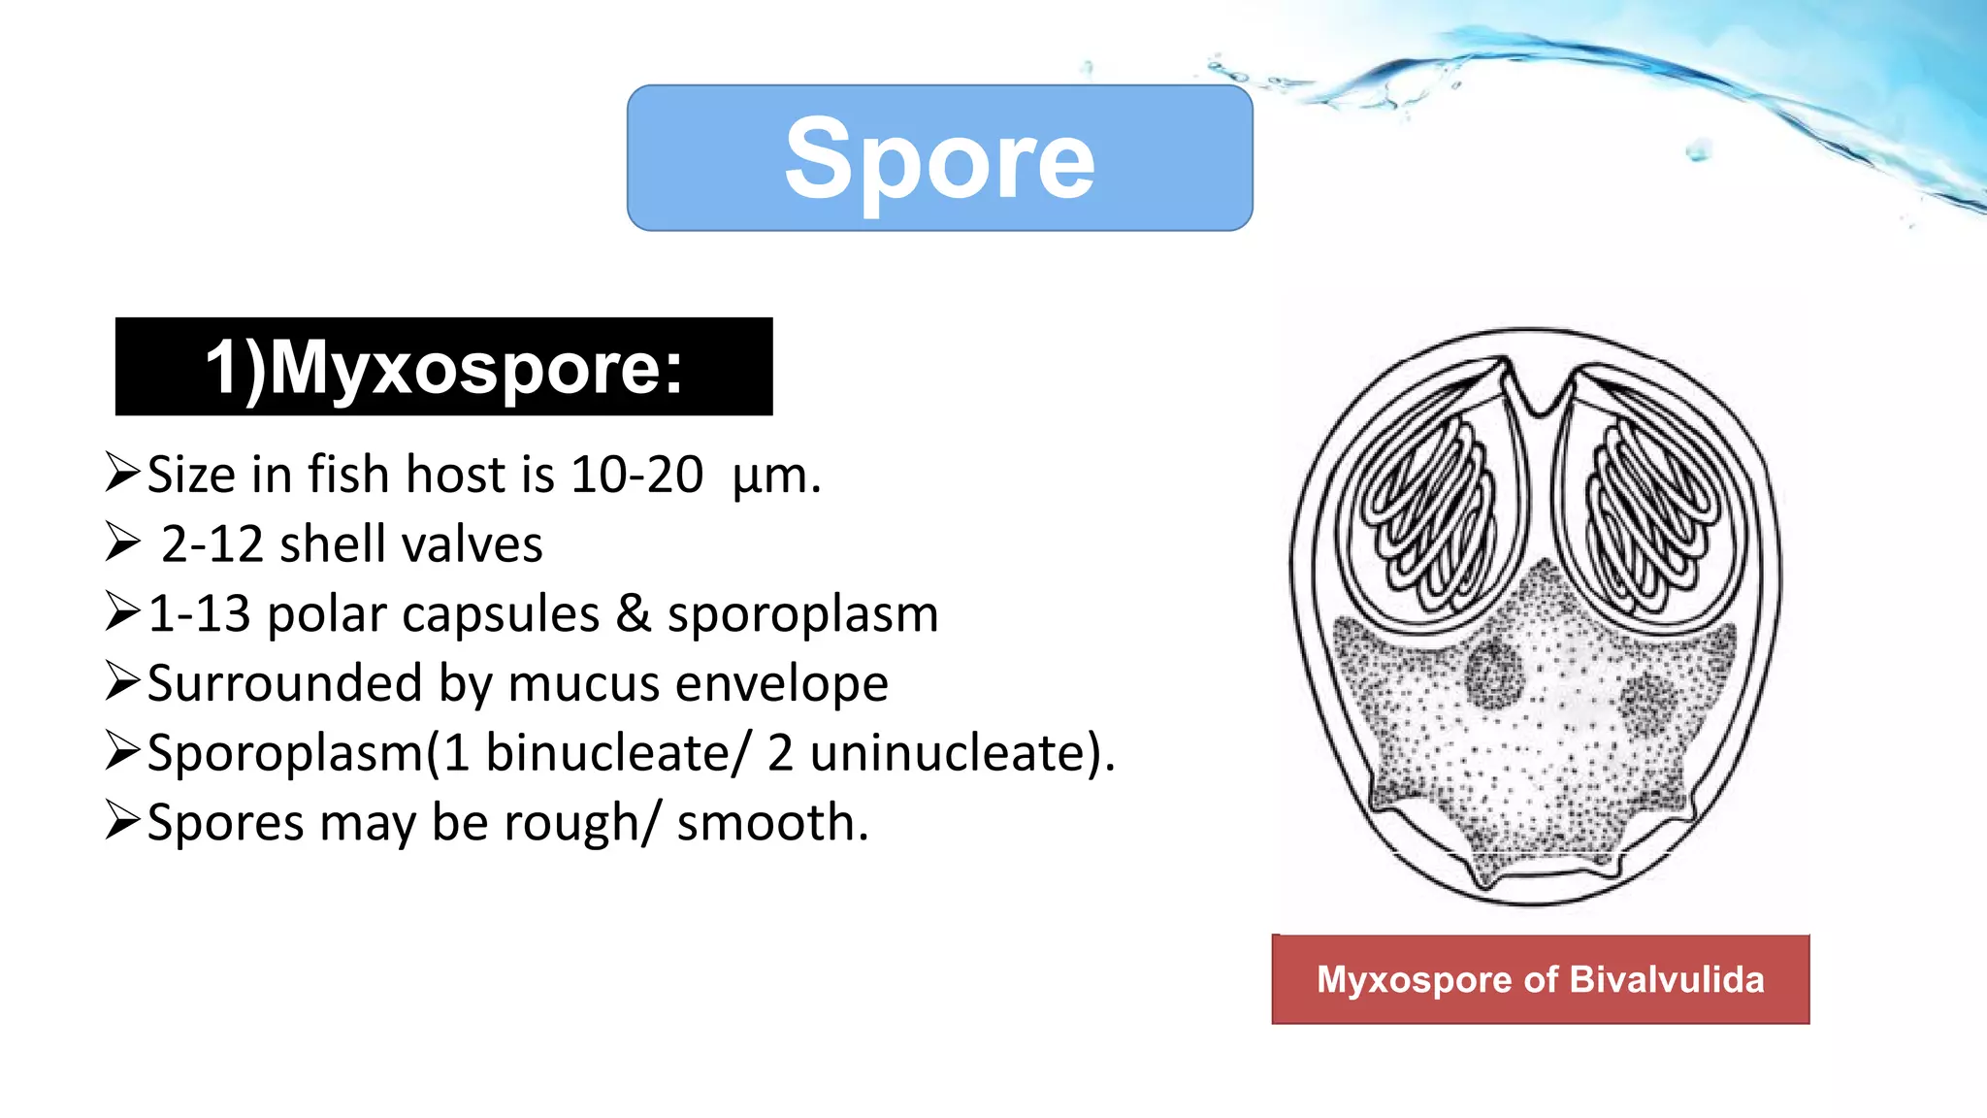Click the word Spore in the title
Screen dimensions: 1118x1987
coord(939,159)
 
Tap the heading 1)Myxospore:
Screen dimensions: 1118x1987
coord(443,368)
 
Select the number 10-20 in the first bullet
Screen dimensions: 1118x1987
coord(636,476)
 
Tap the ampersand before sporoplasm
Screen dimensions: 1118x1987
coord(633,614)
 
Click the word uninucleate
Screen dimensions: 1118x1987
coord(947,753)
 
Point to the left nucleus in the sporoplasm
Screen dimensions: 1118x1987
coord(1494,673)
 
